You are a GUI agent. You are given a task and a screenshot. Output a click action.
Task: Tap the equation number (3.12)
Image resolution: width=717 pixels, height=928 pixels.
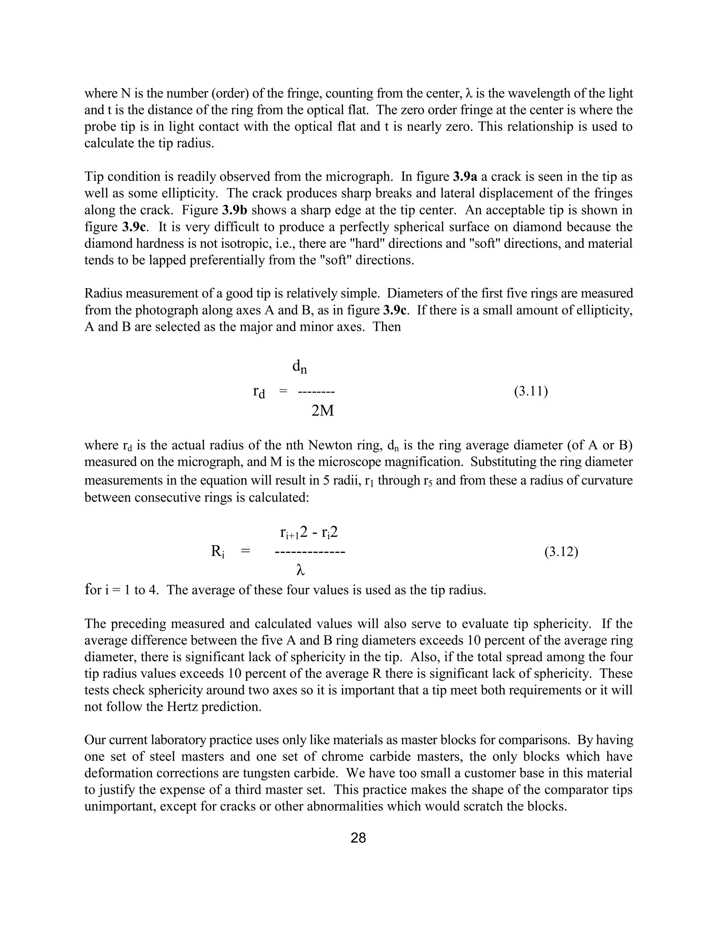point(561,552)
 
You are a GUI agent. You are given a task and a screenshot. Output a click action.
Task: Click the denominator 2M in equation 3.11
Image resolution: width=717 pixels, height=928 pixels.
point(322,411)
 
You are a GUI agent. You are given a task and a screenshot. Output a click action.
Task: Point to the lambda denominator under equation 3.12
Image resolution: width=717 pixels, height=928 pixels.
point(301,570)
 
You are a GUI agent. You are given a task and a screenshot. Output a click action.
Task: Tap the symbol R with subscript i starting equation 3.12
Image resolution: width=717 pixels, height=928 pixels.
point(217,552)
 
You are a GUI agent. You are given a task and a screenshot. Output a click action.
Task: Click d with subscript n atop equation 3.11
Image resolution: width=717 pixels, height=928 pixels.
point(299,367)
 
